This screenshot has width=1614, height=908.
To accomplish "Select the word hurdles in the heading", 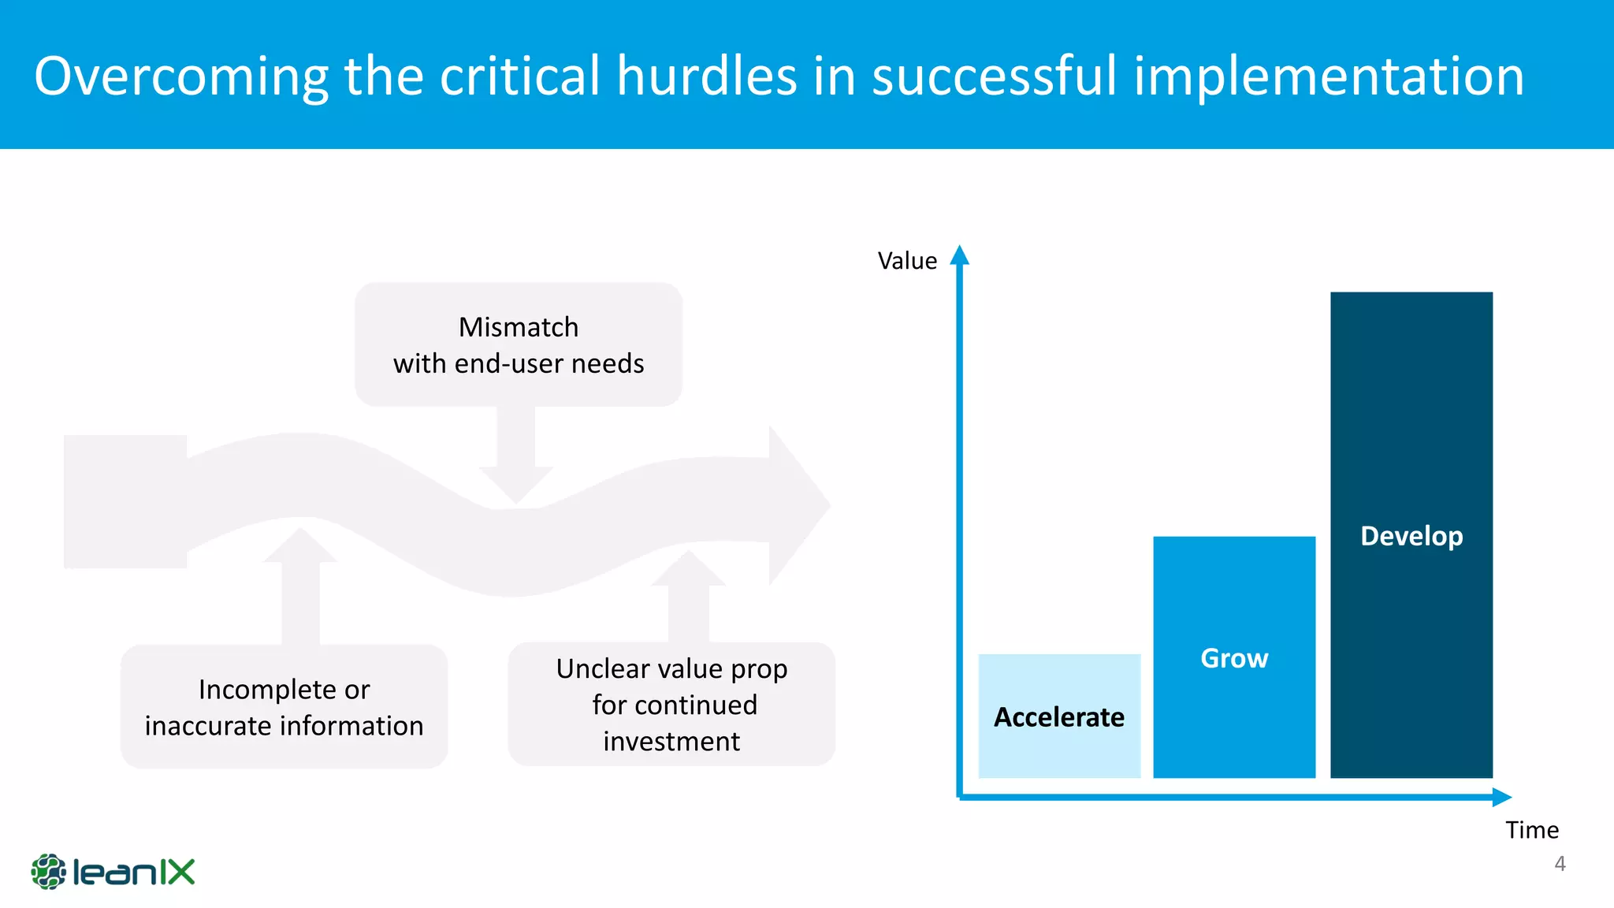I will pyautogui.click(x=707, y=76).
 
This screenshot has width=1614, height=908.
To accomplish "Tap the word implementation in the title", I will pyautogui.click(x=1329, y=76).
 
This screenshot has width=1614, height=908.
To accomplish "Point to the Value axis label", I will pyautogui.click(x=907, y=261).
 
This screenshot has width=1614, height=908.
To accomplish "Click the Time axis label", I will pyautogui.click(x=1531, y=830).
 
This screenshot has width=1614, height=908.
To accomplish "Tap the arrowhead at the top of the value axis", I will pyautogui.click(x=959, y=255).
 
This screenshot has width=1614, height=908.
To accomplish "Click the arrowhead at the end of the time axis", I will pyautogui.click(x=1501, y=797).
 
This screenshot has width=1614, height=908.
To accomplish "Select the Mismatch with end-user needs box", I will pyautogui.click(x=519, y=345).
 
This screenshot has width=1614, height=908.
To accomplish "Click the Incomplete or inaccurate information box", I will pyautogui.click(x=284, y=707).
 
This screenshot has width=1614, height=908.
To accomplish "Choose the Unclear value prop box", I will pyautogui.click(x=671, y=704).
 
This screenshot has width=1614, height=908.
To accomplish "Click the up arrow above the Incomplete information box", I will pyautogui.click(x=300, y=583).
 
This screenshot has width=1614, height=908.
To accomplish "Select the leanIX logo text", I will pyautogui.click(x=134, y=873).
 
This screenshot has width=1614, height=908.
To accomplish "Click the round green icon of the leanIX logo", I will pyautogui.click(x=49, y=872).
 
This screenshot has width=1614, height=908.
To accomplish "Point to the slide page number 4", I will pyautogui.click(x=1560, y=864).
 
